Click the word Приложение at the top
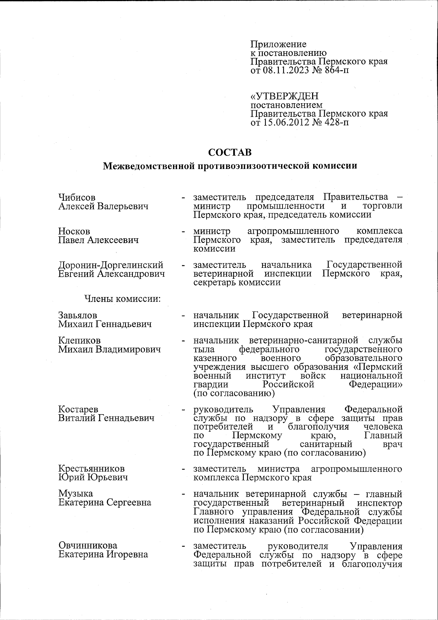[x=278, y=45]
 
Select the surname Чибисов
[x=77, y=197]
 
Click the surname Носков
[x=74, y=231]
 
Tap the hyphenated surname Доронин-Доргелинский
[x=111, y=265]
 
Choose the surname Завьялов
[x=78, y=315]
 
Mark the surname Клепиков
[x=79, y=340]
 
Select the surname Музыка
[x=76, y=494]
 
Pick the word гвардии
[x=211, y=385]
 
